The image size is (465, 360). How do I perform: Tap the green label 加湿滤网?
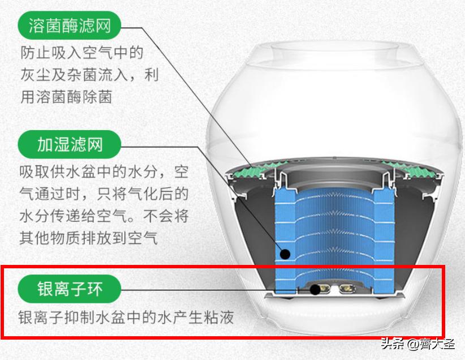coord(70,145)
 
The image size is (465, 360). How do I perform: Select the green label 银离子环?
coord(70,289)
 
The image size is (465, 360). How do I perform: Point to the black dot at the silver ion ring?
coord(315,289)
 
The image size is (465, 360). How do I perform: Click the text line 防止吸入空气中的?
coord(81,53)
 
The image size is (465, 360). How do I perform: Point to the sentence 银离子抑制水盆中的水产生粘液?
coord(126,316)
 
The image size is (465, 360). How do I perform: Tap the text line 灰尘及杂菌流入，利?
coord(89,75)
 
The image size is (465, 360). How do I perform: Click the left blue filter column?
coord(286,238)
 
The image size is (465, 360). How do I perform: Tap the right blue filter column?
coord(382,238)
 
